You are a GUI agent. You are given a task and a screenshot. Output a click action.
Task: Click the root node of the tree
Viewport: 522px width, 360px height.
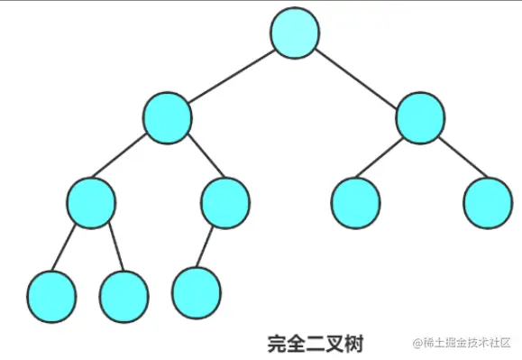295,33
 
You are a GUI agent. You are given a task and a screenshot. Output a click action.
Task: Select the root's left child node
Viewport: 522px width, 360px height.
168,118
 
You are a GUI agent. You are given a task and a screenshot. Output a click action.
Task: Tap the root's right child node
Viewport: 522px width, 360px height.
420,118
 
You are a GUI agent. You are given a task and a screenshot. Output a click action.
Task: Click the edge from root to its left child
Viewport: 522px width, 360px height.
231,76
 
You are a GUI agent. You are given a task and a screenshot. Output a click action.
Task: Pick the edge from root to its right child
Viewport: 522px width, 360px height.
358,76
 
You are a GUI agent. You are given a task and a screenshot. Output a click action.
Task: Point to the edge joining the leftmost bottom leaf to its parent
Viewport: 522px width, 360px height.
69,246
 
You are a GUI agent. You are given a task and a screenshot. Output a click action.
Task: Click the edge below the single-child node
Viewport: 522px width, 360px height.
210,245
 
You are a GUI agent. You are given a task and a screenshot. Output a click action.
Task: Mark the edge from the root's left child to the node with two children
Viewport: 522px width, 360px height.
129,161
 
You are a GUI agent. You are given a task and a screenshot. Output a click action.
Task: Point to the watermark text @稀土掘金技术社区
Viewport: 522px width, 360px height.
462,343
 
